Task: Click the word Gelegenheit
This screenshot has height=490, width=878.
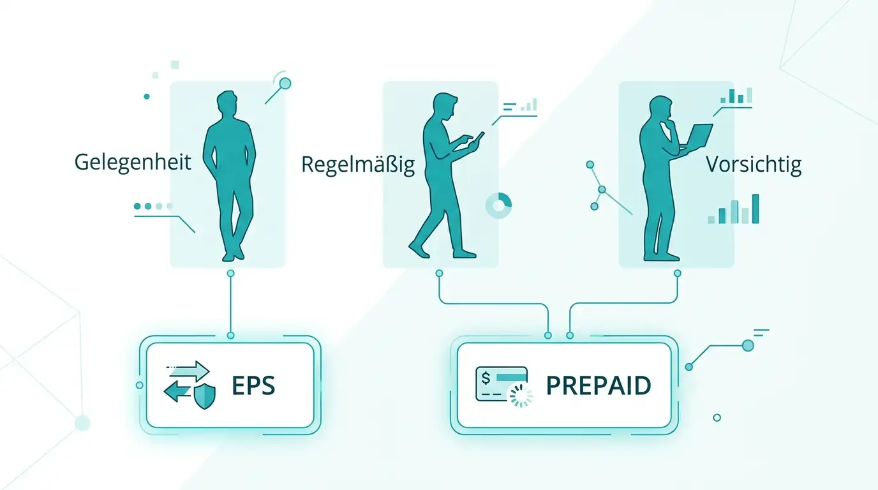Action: pos(133,162)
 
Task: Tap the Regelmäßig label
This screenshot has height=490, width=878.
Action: pos(358,165)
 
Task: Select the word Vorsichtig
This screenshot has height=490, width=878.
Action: pos(754,165)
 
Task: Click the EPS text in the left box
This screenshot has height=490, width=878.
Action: pos(253,385)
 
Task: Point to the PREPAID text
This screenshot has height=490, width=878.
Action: pos(599,385)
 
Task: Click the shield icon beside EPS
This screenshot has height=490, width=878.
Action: pos(205,396)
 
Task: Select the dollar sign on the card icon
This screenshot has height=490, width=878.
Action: pos(486,378)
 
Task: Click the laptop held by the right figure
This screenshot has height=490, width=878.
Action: pos(697,137)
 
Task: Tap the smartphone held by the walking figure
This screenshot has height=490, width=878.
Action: pos(479,138)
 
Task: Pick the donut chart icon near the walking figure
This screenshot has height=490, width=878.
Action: pos(498,205)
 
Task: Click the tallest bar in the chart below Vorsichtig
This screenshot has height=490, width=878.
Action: pos(755,209)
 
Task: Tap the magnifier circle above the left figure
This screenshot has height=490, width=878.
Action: pos(285,84)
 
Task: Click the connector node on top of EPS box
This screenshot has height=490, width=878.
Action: pos(230,336)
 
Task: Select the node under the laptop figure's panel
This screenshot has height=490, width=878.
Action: pos(677,273)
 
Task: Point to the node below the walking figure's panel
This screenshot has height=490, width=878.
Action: pos(439,273)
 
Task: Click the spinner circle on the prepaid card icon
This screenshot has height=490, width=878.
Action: pos(521,396)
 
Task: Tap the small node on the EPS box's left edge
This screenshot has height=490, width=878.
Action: pos(139,385)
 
